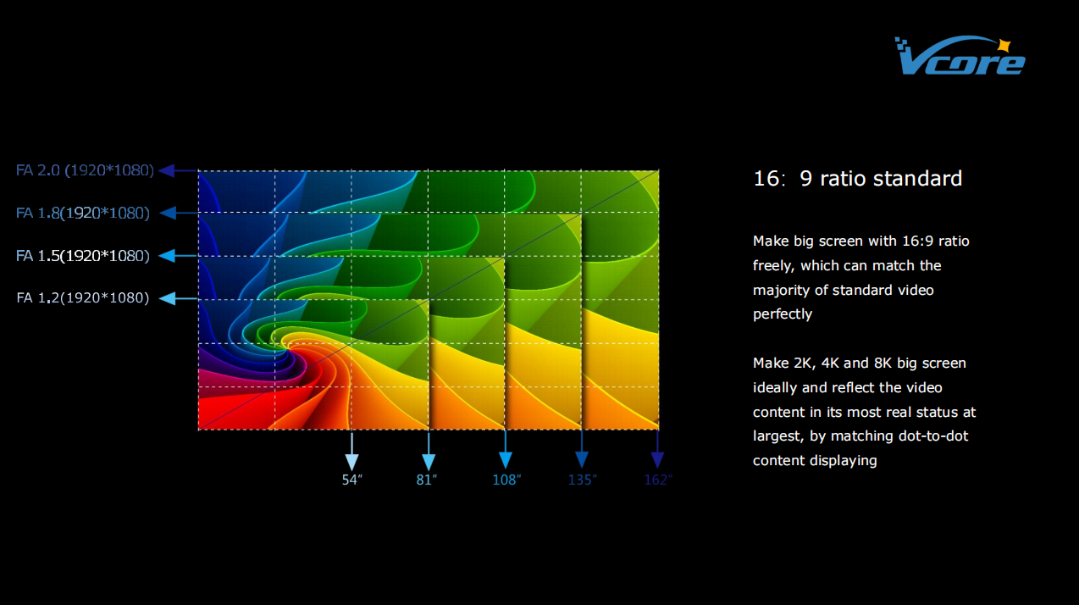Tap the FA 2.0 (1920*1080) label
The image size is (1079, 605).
[85, 170]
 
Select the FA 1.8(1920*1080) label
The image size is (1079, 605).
[83, 213]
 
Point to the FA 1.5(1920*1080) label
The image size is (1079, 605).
[83, 256]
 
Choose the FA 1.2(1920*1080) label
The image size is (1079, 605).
[83, 298]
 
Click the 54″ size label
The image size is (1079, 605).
[352, 480]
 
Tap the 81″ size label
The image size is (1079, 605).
[427, 480]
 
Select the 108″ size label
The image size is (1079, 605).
[506, 480]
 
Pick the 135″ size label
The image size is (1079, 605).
[583, 480]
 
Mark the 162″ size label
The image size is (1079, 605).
[658, 480]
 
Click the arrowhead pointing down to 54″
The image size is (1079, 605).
[352, 461]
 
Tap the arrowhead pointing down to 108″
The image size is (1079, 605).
[506, 460]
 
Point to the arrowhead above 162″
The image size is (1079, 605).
[657, 460]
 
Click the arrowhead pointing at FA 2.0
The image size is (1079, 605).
[167, 170]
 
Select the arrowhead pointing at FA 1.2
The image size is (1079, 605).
[167, 298]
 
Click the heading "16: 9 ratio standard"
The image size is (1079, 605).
[857, 179]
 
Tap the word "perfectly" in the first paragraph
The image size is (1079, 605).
[783, 314]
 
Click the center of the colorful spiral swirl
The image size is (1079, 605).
[285, 343]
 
